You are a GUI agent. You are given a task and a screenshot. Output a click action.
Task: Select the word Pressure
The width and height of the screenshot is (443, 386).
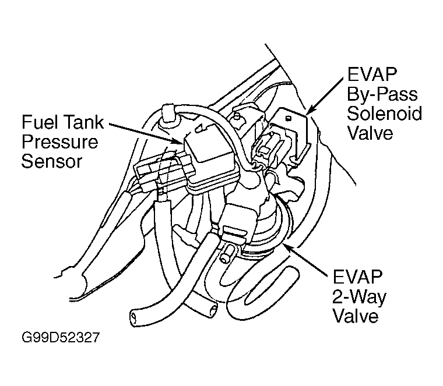point(59,142)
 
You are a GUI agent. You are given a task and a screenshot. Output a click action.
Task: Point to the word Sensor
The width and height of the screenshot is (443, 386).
point(52,161)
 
